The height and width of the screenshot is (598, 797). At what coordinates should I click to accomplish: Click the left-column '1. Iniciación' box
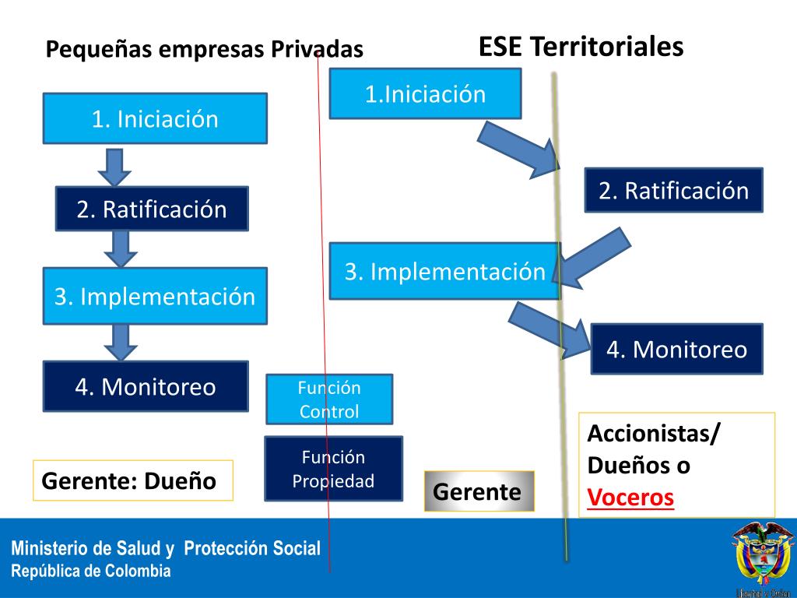tap(155, 119)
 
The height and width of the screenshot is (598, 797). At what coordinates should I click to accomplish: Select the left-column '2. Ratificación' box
tap(152, 209)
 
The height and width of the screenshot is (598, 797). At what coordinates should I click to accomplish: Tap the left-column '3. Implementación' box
tap(155, 296)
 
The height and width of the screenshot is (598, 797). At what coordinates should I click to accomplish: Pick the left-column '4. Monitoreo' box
tap(146, 386)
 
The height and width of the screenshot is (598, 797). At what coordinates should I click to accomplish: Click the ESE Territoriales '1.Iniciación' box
tap(425, 94)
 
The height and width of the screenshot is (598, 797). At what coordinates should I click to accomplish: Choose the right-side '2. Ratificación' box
tap(673, 191)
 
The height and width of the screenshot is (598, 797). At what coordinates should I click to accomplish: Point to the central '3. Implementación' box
tap(444, 272)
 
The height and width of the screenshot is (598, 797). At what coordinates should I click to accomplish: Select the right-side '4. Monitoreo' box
tap(676, 350)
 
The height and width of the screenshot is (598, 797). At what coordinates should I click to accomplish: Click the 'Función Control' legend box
tap(329, 399)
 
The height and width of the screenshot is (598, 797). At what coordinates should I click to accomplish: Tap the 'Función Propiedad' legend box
tap(333, 469)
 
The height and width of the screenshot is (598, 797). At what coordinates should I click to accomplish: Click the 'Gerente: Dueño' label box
tap(132, 480)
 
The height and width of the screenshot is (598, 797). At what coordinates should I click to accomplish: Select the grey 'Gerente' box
tap(479, 491)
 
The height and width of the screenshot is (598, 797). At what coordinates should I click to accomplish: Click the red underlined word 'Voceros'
tap(630, 497)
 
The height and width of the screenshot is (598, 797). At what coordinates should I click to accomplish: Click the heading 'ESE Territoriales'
tap(581, 47)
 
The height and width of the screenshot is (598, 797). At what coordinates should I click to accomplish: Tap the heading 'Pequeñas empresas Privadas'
tap(204, 50)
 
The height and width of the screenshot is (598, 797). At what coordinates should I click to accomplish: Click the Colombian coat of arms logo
tap(761, 554)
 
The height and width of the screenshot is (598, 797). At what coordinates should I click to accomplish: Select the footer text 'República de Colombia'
tap(90, 571)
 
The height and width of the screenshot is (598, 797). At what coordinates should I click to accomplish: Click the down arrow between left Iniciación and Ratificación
tap(115, 165)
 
